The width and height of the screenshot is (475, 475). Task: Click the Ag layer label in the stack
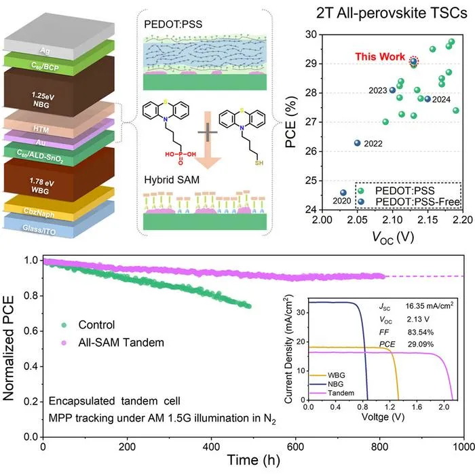coord(45,51)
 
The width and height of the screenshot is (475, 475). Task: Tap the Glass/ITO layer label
coord(39,230)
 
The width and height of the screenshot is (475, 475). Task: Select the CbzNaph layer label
coord(39,212)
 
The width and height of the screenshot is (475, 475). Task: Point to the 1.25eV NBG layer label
coord(42,100)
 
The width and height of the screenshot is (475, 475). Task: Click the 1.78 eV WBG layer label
coord(41,186)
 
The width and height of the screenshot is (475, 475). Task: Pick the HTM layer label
coord(41,130)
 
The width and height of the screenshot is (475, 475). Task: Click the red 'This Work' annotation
coord(380,56)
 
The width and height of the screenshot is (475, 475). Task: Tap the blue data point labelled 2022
coord(358,143)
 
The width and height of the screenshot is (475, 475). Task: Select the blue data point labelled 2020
coord(343,193)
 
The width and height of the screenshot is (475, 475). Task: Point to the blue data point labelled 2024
coord(427,99)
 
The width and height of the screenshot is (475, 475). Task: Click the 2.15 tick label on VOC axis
coord(427,220)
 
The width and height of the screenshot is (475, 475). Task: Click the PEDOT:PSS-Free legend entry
coord(408,202)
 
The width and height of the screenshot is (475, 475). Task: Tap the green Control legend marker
coord(64,325)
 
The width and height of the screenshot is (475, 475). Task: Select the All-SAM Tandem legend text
coord(121,343)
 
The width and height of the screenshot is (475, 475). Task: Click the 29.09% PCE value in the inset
coord(421,345)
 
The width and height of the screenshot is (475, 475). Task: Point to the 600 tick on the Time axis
coord(295,446)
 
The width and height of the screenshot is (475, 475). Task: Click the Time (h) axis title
coord(254,460)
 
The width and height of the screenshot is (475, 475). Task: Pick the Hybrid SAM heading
coord(172,180)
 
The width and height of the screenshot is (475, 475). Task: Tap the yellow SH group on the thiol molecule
coord(259,163)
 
